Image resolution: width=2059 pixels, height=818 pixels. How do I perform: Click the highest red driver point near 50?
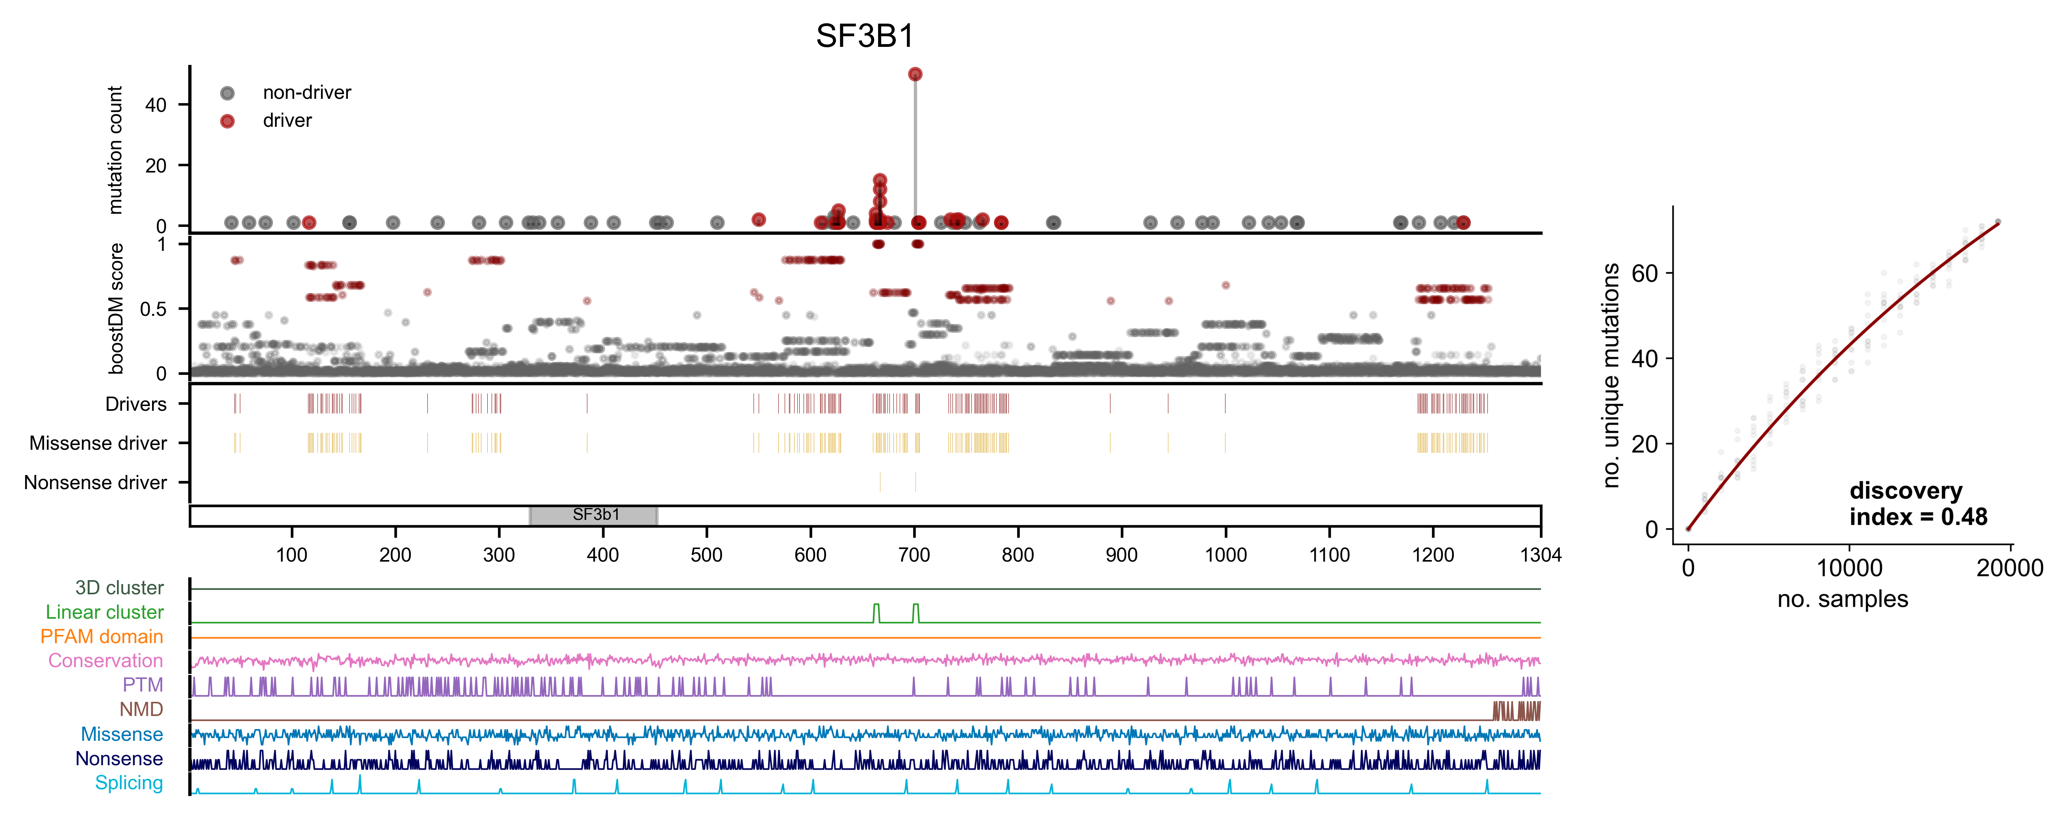(x=915, y=74)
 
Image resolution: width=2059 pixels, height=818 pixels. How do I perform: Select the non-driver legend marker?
(x=228, y=93)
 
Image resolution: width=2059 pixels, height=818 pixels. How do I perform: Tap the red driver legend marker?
(x=228, y=121)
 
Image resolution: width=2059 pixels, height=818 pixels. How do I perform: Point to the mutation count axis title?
(x=116, y=150)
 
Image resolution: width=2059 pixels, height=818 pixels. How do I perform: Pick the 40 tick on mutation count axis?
(x=156, y=105)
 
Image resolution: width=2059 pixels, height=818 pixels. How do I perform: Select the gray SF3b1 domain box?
(x=594, y=515)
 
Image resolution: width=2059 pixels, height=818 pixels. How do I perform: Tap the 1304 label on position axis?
(x=1540, y=555)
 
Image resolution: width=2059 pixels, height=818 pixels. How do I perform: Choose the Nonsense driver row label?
(x=96, y=482)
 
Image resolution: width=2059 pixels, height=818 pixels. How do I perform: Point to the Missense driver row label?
(x=98, y=443)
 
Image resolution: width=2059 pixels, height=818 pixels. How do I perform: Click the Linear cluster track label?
(x=105, y=613)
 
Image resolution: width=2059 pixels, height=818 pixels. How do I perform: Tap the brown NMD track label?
(x=141, y=709)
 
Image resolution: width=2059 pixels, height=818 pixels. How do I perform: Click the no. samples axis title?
(x=1842, y=599)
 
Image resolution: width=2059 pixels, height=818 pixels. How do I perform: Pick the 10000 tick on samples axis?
(x=1849, y=568)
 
